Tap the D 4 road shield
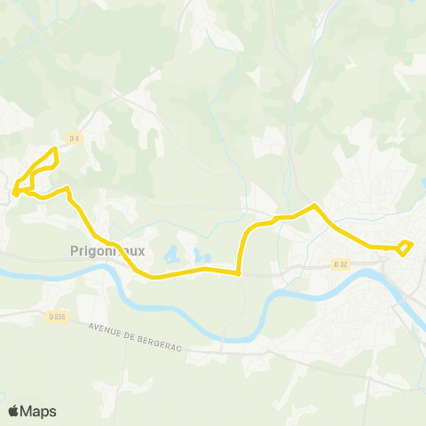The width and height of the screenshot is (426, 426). point(74,138)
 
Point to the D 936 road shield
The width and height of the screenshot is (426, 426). point(57,316)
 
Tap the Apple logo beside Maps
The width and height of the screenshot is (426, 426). point(14,411)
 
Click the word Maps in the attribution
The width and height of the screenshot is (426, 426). point(39,411)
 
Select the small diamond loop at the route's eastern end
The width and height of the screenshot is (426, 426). point(405,248)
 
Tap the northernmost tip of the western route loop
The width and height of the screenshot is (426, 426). point(56,148)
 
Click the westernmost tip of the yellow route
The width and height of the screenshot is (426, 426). point(13,189)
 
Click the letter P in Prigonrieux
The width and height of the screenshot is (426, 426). point(74,251)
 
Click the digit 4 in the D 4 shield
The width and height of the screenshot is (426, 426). point(77,138)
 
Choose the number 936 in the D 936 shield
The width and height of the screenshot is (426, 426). point(59,316)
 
